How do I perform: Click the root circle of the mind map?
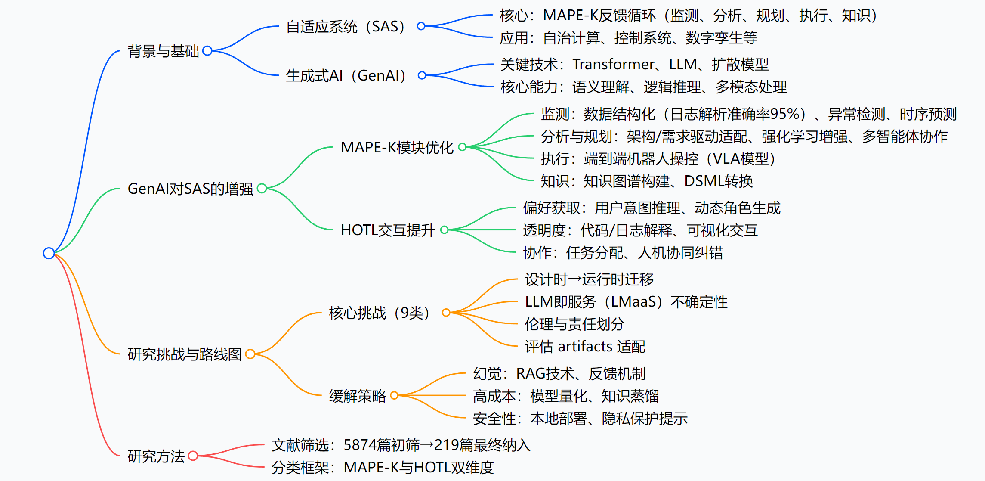[49, 253]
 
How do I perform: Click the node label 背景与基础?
[163, 51]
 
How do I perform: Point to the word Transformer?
[613, 65]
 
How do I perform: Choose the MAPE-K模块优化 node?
[397, 148]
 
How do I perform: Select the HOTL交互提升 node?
[388, 230]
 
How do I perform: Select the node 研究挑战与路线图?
[185, 354]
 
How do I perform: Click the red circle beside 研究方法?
[193, 456]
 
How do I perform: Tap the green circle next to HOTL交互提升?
[445, 230]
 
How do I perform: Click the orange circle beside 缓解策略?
[394, 395]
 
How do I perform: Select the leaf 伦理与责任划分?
[574, 324]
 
